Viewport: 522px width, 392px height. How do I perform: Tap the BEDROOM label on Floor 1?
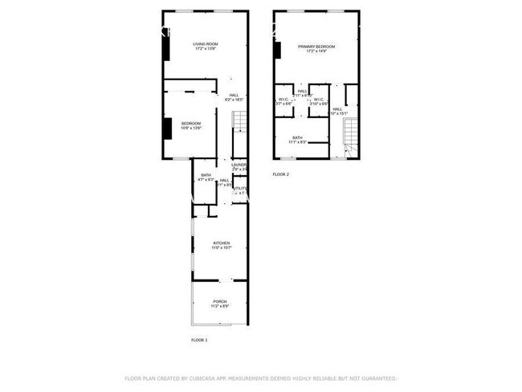(x=191, y=123)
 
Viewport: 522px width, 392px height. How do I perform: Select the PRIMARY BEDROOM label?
(x=316, y=47)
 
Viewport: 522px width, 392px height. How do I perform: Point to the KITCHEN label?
(x=221, y=243)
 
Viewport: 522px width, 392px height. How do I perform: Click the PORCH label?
(x=220, y=302)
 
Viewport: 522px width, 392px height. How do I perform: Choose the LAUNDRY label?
(x=239, y=165)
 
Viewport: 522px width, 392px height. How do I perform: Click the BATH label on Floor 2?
(x=298, y=137)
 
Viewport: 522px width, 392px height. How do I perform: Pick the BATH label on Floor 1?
(x=206, y=175)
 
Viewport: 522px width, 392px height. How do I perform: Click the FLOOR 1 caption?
(x=199, y=341)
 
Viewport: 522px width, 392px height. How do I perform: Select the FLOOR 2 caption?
(x=281, y=174)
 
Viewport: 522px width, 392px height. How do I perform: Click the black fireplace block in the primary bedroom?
(x=276, y=50)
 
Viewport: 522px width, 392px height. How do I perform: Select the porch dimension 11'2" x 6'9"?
(x=220, y=307)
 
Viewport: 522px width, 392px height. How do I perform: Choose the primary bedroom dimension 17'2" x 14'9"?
(x=316, y=52)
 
